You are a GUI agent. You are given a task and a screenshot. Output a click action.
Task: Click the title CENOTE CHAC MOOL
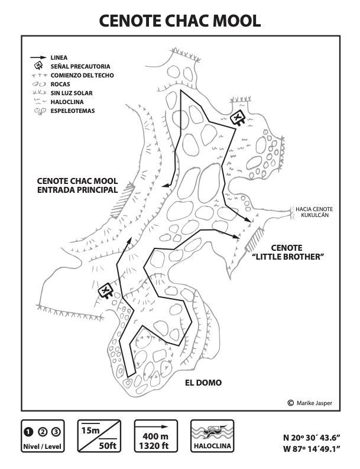[x=180, y=21]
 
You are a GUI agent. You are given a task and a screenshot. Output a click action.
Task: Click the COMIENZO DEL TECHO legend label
[x=82, y=75]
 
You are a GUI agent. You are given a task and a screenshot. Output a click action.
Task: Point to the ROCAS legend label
[x=61, y=84]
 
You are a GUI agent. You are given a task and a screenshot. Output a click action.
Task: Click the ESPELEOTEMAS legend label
[x=73, y=111]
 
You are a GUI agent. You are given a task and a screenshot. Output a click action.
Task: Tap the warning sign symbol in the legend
[x=38, y=66]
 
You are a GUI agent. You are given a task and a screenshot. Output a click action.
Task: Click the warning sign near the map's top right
[x=238, y=118]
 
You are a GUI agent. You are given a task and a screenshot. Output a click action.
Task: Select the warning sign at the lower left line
[x=106, y=290]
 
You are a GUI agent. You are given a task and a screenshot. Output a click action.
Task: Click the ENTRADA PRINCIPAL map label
[x=77, y=190]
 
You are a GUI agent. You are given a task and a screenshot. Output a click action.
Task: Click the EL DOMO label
[x=203, y=383]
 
